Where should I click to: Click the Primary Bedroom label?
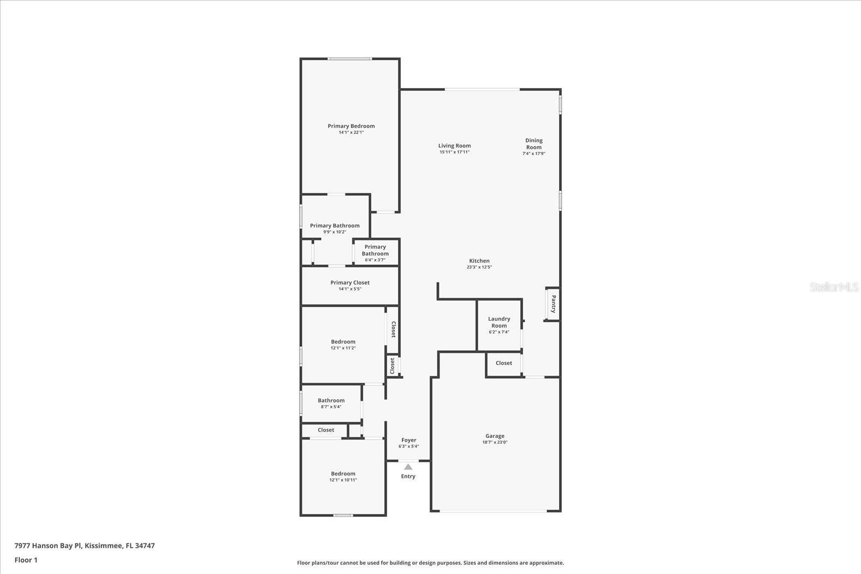tap(351, 126)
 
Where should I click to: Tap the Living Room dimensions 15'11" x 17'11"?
tap(454, 152)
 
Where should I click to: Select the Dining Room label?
tap(534, 144)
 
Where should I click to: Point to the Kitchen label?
tap(479, 261)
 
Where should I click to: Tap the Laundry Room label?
tap(499, 322)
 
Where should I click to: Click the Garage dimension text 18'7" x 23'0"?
tap(495, 442)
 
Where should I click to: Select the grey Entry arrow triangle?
tap(408, 467)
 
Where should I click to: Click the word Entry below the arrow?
tap(408, 476)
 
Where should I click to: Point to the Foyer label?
tap(408, 440)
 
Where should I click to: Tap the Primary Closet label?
tap(350, 282)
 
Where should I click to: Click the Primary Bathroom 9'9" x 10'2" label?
tap(334, 226)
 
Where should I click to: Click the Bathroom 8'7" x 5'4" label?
tap(331, 400)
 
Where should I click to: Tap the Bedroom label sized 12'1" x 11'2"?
tap(343, 342)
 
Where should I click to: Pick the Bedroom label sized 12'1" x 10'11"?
tap(343, 474)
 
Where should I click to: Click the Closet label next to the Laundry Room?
tap(504, 363)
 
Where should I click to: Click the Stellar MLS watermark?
tap(834, 287)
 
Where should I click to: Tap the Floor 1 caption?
tap(26, 560)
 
